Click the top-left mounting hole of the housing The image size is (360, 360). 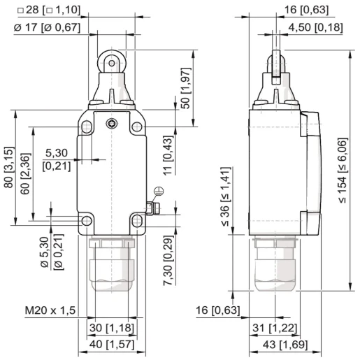(87, 127)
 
